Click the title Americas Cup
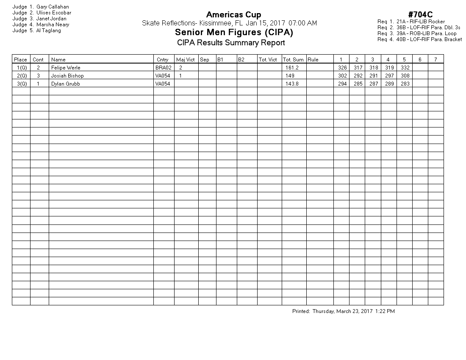pos(233,15)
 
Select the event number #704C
pos(420,15)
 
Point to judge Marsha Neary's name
pos(53,25)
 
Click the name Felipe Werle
pos(66,68)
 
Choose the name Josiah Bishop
pos(67,76)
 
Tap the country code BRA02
pos(164,68)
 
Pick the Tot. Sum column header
pos(293,60)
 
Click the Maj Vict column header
pos(186,60)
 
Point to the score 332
pos(405,68)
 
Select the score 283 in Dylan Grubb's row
pos(405,84)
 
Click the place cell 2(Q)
pos(21,76)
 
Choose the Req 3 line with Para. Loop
pos(417,33)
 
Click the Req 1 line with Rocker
pos(411,22)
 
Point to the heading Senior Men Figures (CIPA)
pos(234,33)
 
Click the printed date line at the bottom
pos(343,311)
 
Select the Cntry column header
pos(162,60)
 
